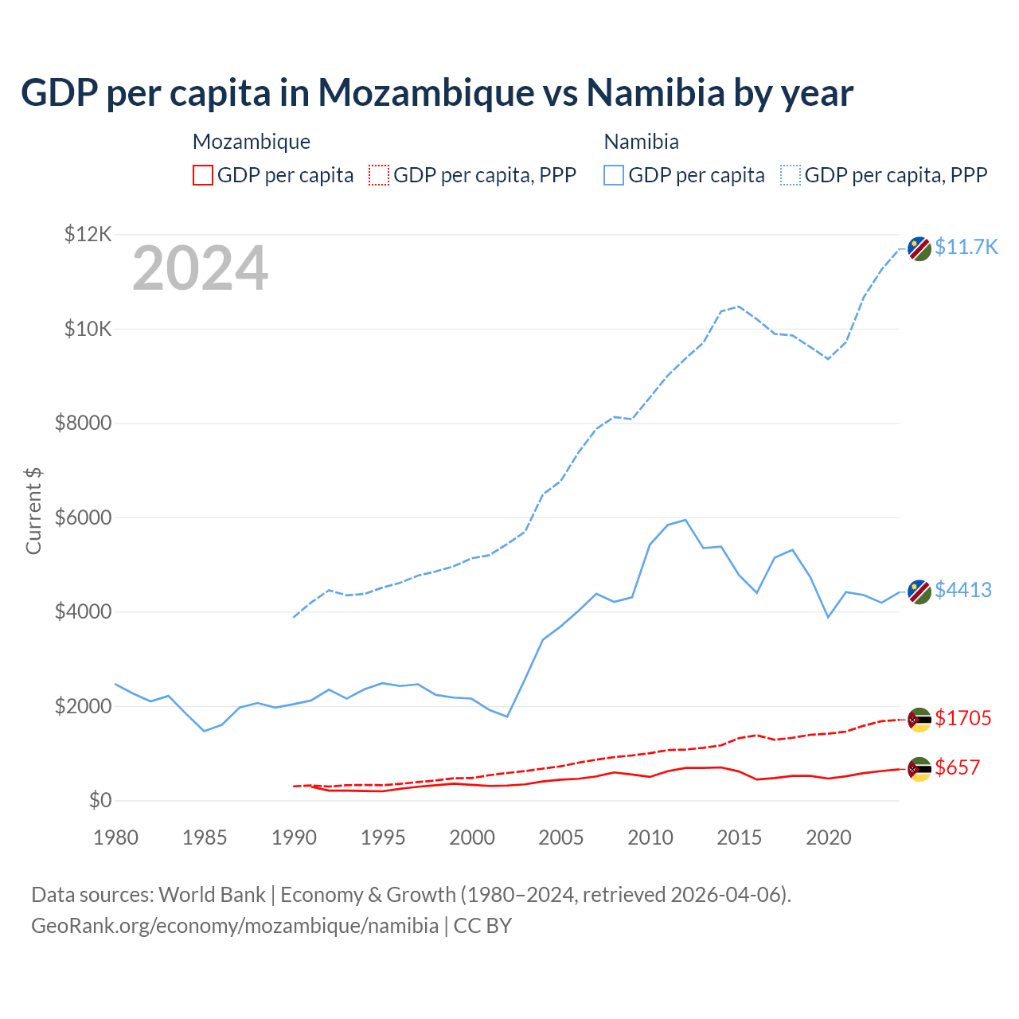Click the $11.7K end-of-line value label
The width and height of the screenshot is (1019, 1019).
tap(966, 247)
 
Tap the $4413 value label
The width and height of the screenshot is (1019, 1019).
tap(962, 590)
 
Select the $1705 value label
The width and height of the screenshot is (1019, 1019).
tap(962, 718)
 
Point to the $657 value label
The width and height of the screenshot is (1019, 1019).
tap(957, 767)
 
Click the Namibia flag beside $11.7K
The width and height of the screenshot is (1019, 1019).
tap(919, 248)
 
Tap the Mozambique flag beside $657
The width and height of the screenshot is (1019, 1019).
tap(919, 769)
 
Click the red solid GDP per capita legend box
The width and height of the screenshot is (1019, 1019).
tap(203, 175)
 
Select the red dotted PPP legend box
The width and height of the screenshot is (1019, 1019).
tap(379, 175)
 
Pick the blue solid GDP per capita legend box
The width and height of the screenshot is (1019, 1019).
tap(614, 175)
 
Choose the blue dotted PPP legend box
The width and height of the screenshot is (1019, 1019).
tap(791, 175)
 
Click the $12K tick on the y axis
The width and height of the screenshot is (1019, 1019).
tap(88, 234)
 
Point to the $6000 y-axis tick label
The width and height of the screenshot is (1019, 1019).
tap(83, 517)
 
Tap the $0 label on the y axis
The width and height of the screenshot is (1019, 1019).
tap(100, 800)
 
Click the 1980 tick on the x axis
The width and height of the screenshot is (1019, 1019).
tap(116, 837)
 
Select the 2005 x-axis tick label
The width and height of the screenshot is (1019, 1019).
tap(561, 837)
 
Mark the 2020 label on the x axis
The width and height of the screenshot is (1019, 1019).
tap(829, 837)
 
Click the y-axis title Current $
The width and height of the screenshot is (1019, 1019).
tap(33, 511)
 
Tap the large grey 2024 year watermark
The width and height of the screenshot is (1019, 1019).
tap(200, 269)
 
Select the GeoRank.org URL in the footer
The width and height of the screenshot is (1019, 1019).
tap(235, 926)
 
